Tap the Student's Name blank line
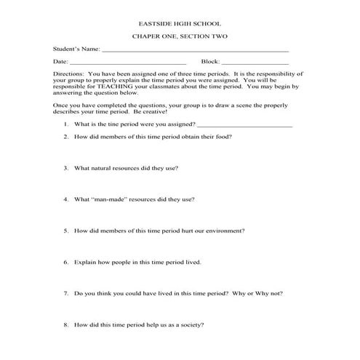click(x=195, y=51)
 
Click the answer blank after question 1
click(x=249, y=125)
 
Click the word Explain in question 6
click(x=85, y=262)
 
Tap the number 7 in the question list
click(x=66, y=293)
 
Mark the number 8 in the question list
click(x=66, y=324)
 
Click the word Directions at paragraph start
click(x=69, y=75)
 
